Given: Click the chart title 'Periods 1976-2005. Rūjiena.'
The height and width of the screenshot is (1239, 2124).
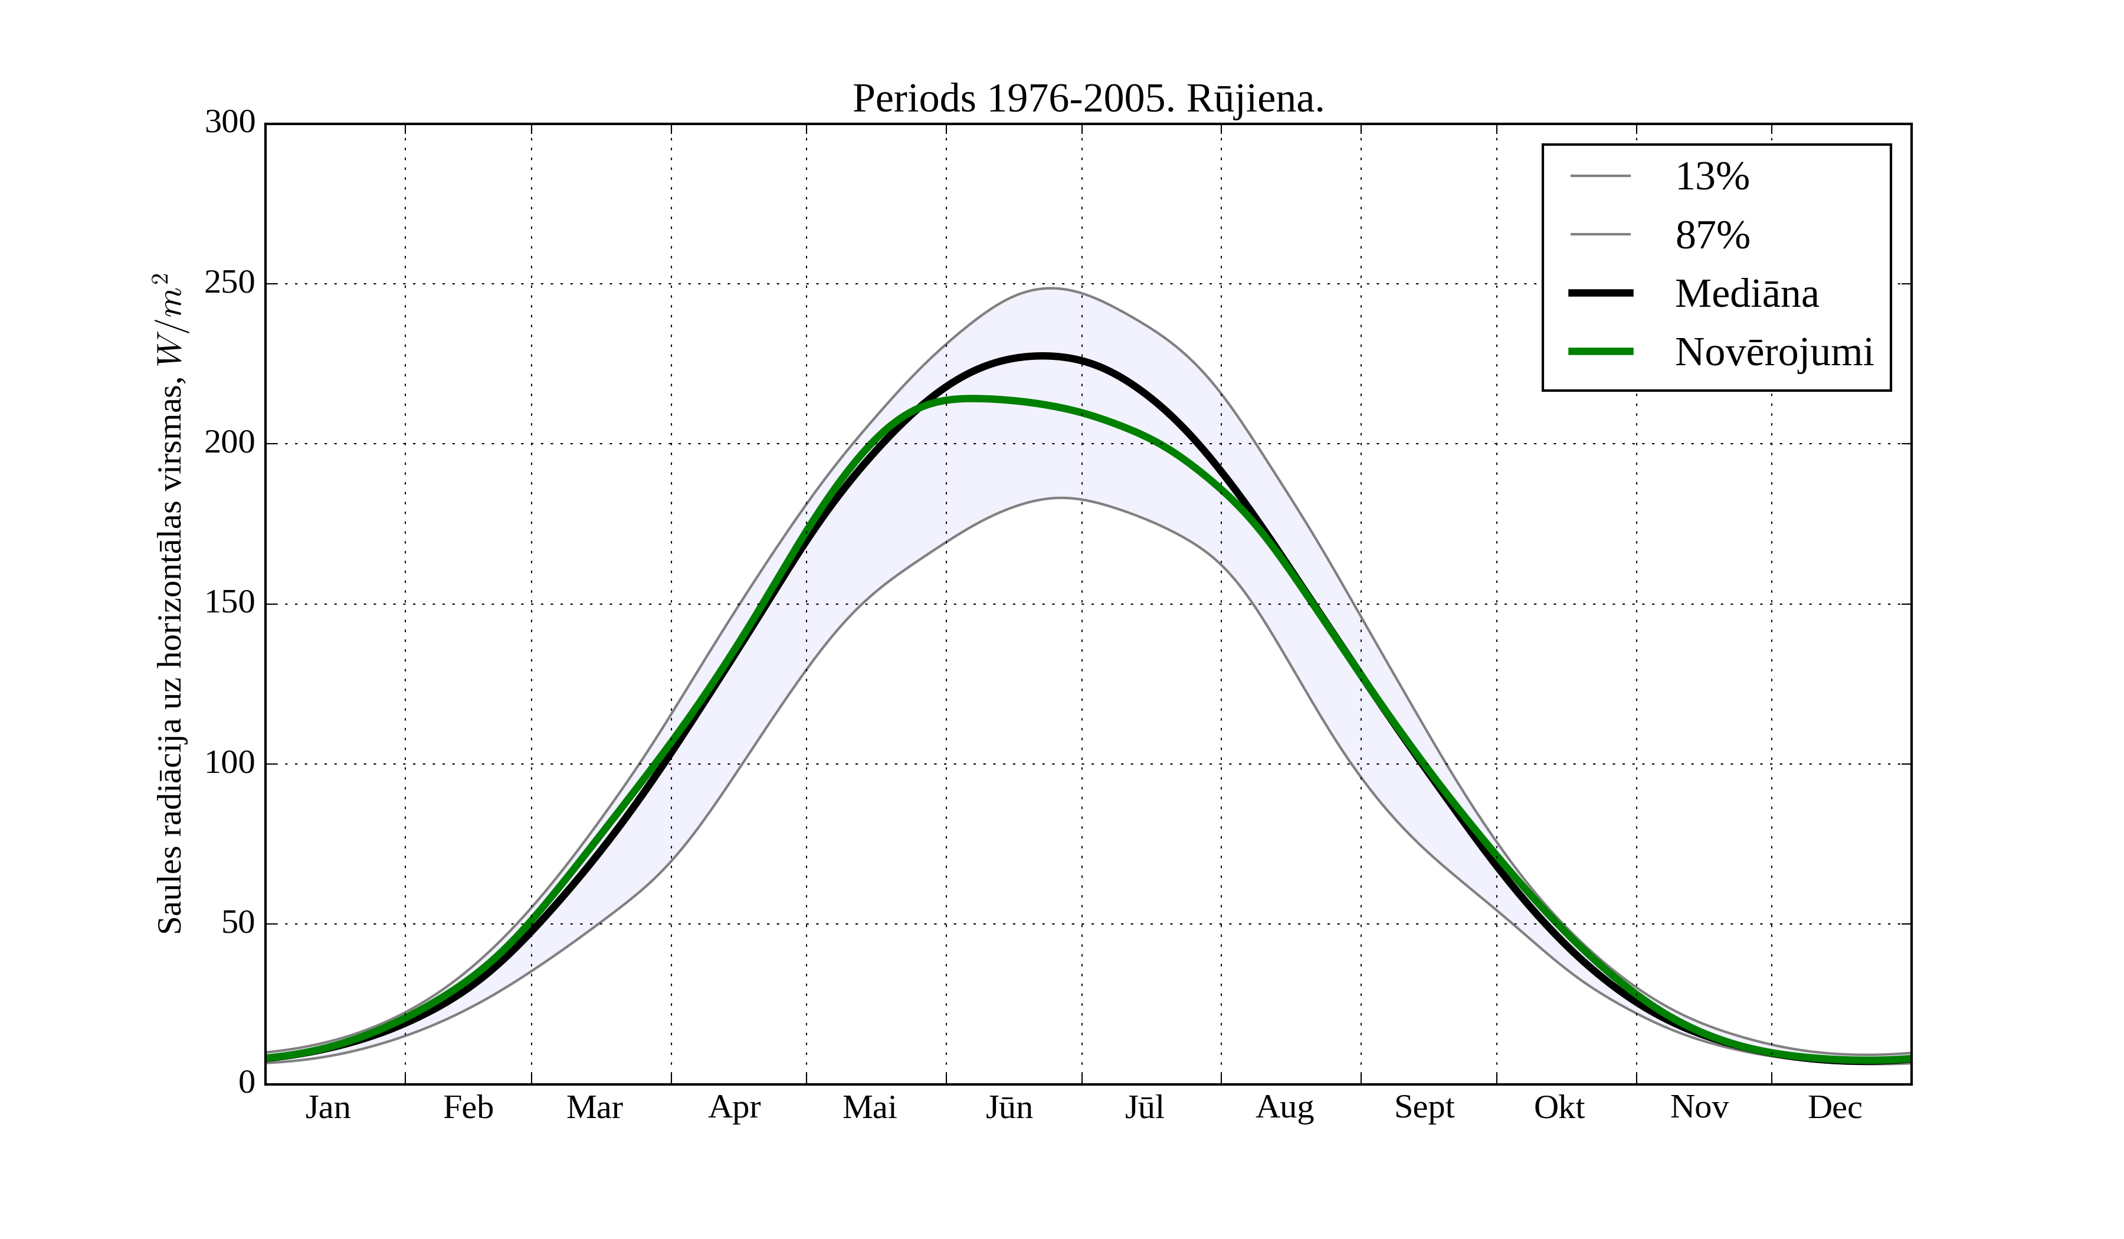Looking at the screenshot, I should pos(1087,100).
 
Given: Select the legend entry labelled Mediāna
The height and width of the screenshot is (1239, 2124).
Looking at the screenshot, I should pos(1746,294).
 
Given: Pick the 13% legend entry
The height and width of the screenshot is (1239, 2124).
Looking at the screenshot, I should pos(1711,177).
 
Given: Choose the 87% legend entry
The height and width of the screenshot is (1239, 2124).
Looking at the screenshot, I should pos(1712,235).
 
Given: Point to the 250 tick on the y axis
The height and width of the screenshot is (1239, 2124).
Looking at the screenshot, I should pos(230,283).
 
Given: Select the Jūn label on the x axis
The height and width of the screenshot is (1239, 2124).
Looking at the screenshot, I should pos(1009,1107).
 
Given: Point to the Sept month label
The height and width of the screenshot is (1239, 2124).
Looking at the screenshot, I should pos(1424,1107).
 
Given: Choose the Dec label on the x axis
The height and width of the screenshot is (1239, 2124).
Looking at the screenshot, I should pos(1834,1107).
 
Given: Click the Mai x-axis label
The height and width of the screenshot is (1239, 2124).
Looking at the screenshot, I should pos(869,1107).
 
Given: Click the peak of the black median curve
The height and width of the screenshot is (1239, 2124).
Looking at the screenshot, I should pos(1043,356).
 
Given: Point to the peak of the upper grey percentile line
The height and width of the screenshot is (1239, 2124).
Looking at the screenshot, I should pos(1050,289).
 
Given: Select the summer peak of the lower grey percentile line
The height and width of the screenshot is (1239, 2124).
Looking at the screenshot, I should pos(1060,498).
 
